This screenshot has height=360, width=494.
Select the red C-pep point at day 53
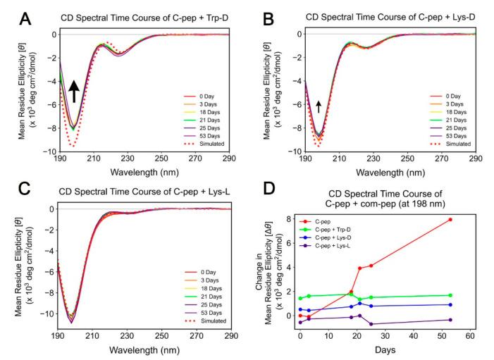tap(450, 220)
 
